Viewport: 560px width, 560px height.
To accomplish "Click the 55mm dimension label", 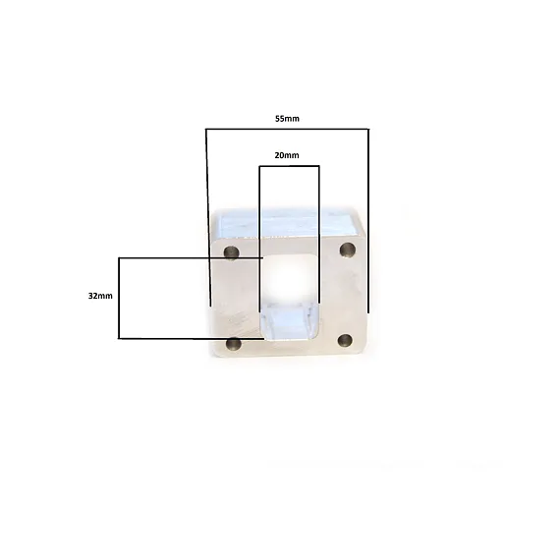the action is pyautogui.click(x=287, y=119).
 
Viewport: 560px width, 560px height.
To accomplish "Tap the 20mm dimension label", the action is pyautogui.click(x=287, y=155).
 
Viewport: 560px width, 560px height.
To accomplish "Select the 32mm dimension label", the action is pyautogui.click(x=100, y=296).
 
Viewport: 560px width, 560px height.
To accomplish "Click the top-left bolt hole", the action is pyautogui.click(x=232, y=252).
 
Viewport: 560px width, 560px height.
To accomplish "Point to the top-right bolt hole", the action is pyautogui.click(x=347, y=250).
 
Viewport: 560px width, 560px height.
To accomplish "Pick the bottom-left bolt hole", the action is pyautogui.click(x=234, y=344).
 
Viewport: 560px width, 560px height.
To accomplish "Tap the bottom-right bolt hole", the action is pyautogui.click(x=346, y=340).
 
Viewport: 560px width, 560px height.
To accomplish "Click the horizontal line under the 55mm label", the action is pyautogui.click(x=287, y=129).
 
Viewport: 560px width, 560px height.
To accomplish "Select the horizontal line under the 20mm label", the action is pyautogui.click(x=289, y=166).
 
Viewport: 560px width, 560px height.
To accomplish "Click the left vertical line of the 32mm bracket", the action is pyautogui.click(x=119, y=298).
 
